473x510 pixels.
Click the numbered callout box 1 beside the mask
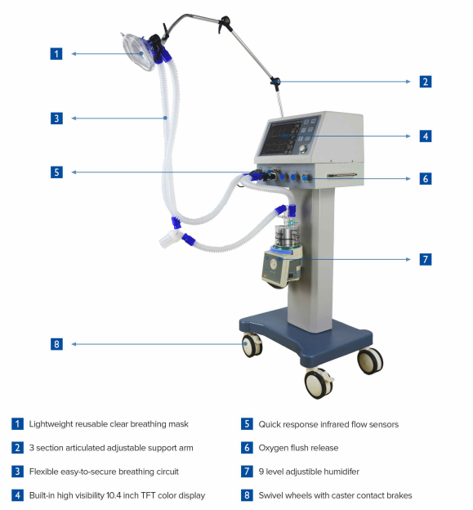click(56, 54)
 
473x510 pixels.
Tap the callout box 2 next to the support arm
click(426, 82)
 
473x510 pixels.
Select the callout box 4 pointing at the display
click(426, 136)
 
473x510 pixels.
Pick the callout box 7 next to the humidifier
click(426, 259)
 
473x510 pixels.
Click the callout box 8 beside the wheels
click(56, 344)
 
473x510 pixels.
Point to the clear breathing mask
click(137, 52)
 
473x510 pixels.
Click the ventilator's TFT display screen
click(280, 137)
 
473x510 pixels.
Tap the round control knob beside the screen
click(304, 149)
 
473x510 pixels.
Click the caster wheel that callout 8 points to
click(252, 345)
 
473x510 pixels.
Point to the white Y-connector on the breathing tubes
click(172, 238)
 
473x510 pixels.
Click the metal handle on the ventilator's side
click(341, 175)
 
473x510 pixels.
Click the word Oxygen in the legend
click(272, 448)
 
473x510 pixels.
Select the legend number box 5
click(247, 424)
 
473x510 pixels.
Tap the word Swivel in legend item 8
click(269, 495)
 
